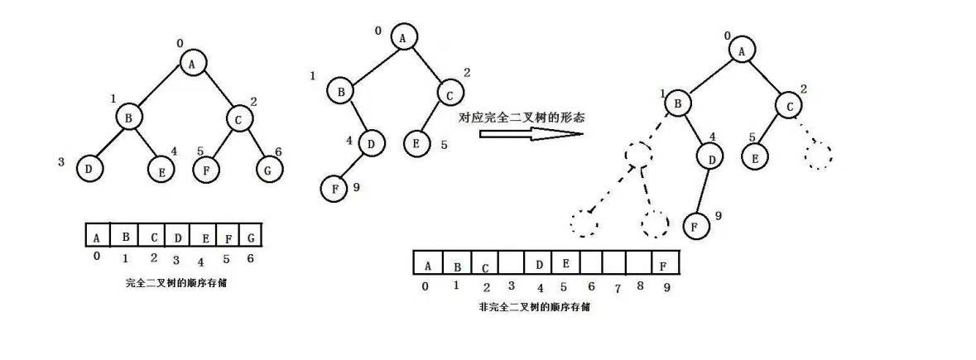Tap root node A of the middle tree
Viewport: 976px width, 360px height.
(402, 37)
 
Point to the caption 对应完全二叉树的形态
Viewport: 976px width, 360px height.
(522, 117)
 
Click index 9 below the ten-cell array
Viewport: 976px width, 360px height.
(668, 287)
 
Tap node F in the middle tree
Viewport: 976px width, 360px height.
(334, 188)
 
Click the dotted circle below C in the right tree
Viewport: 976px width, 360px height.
(817, 154)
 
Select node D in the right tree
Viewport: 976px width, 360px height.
(709, 156)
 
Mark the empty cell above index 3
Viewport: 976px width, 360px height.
(511, 265)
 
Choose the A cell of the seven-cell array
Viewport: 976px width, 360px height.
(98, 236)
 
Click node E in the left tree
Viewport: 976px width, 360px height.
(161, 170)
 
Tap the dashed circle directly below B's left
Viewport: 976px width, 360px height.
(639, 154)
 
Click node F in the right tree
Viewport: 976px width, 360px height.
(696, 224)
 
